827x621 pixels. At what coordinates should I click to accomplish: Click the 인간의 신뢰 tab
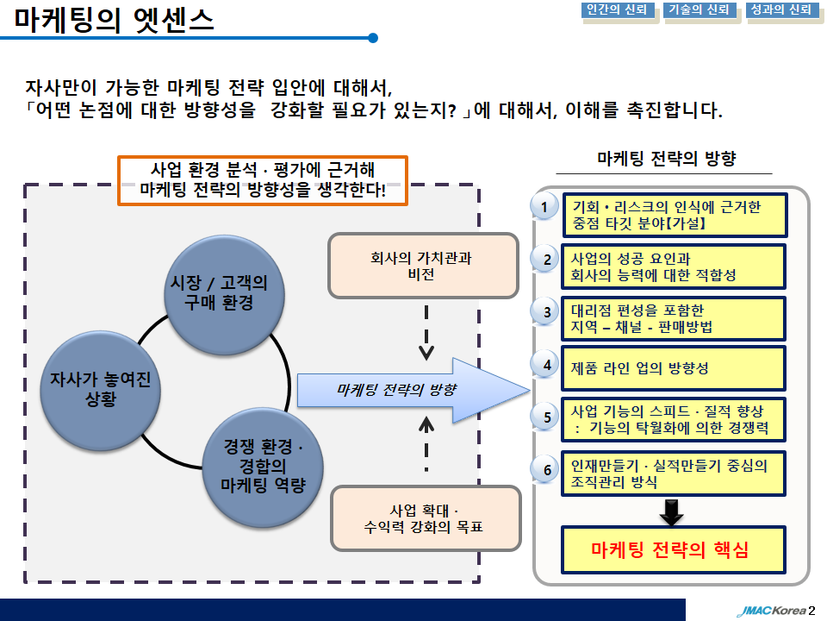pos(618,10)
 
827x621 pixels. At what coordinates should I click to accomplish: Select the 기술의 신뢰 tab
pos(699,10)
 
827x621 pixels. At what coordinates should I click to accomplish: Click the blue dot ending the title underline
pos(373,38)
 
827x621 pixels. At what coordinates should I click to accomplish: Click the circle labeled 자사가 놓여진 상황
pos(100,390)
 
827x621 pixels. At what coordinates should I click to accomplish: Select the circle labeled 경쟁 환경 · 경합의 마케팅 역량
pos(263,467)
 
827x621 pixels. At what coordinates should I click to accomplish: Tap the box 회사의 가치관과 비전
pos(423,266)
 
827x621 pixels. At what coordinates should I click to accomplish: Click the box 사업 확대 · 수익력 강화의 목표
pos(425,518)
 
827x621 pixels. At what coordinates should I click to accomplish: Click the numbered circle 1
pos(544,206)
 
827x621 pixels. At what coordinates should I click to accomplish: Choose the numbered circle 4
pos(547,364)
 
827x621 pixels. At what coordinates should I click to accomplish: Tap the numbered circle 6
pos(547,469)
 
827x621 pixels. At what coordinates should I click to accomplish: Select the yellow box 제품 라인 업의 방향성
pos(674,368)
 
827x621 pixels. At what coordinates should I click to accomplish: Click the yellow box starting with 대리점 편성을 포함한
pos(674,318)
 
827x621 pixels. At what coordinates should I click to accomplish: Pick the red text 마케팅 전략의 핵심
pos(670,549)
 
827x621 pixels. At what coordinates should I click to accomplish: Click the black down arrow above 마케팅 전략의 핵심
pos(671,511)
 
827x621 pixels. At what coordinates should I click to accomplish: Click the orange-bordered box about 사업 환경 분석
pos(263,180)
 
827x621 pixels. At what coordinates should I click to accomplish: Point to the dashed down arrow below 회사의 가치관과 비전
pos(426,333)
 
